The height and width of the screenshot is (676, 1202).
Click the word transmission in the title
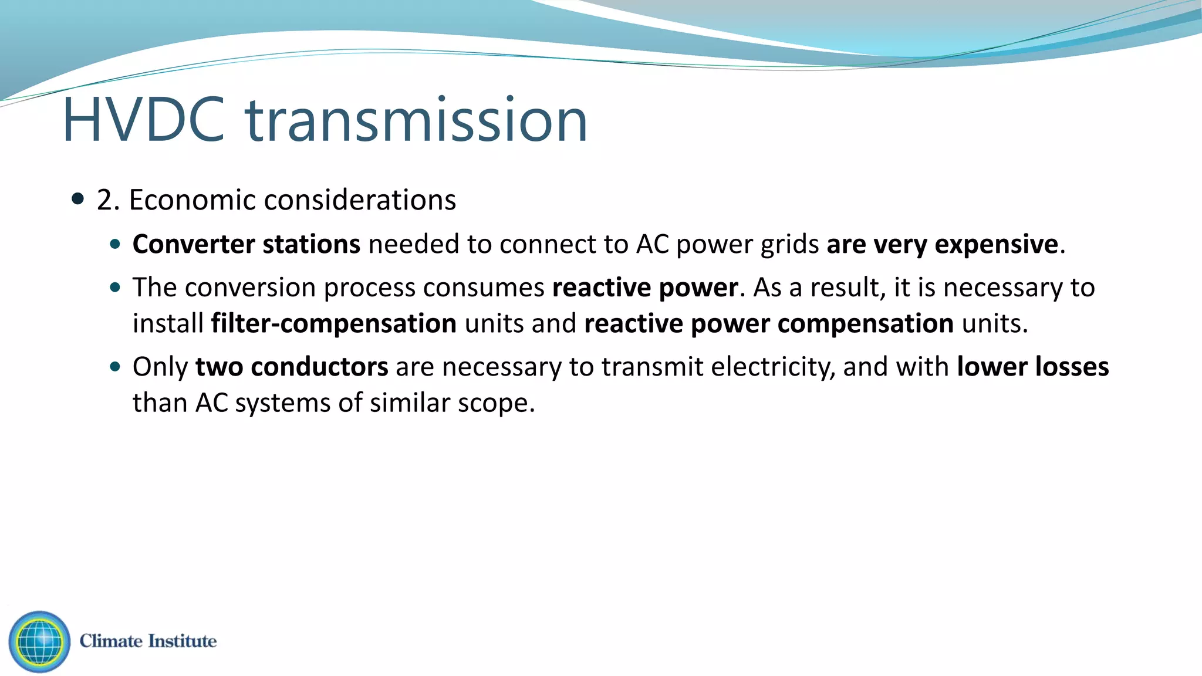click(x=417, y=120)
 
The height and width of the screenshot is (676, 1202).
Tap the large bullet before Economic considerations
click(x=77, y=198)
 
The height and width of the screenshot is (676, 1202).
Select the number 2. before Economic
click(x=108, y=200)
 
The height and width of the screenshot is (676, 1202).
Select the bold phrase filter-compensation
click(x=333, y=324)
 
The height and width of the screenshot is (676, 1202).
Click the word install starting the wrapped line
click(x=167, y=324)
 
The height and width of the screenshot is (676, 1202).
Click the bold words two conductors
click(x=291, y=367)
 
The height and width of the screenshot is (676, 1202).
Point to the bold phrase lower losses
click(x=1032, y=367)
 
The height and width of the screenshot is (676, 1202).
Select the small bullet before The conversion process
click(x=115, y=288)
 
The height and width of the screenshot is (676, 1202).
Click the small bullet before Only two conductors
click(x=115, y=367)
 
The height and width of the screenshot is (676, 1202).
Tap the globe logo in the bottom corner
click(x=39, y=641)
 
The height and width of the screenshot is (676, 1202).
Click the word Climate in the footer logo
click(x=111, y=641)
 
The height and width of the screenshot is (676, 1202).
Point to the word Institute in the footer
click(x=182, y=641)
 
